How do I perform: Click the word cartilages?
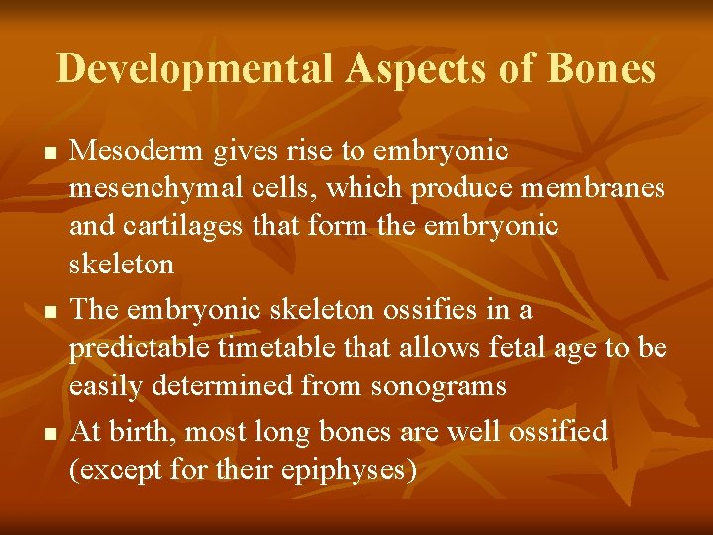(x=187, y=227)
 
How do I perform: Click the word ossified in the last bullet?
(x=556, y=431)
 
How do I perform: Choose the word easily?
(x=102, y=386)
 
